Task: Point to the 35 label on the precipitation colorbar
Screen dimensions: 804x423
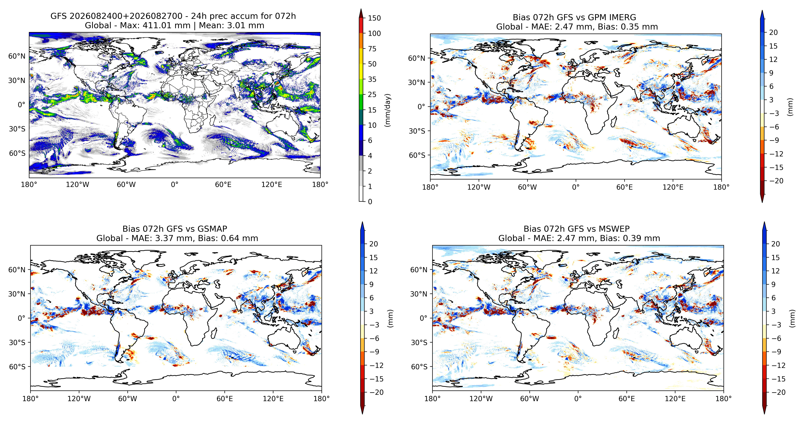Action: (x=372, y=79)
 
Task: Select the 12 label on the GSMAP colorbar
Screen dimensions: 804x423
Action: (x=374, y=271)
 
